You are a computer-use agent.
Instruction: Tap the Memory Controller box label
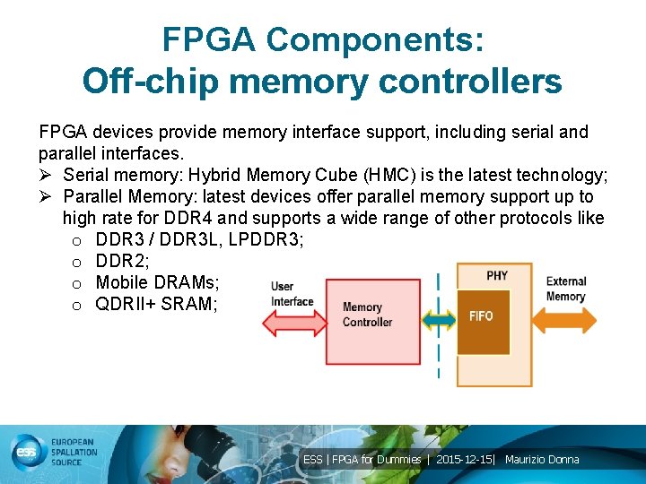pos(367,315)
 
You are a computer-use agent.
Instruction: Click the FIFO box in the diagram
pos(482,316)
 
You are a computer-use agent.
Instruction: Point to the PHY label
pos(497,275)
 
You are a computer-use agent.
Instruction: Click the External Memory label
pos(565,289)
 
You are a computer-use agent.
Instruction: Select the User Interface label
pos(292,294)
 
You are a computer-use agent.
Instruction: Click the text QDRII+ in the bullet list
pos(126,304)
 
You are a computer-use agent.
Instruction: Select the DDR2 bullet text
pos(122,261)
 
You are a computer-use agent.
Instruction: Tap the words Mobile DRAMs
pos(156,282)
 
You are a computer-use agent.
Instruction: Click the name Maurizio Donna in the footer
pos(542,460)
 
